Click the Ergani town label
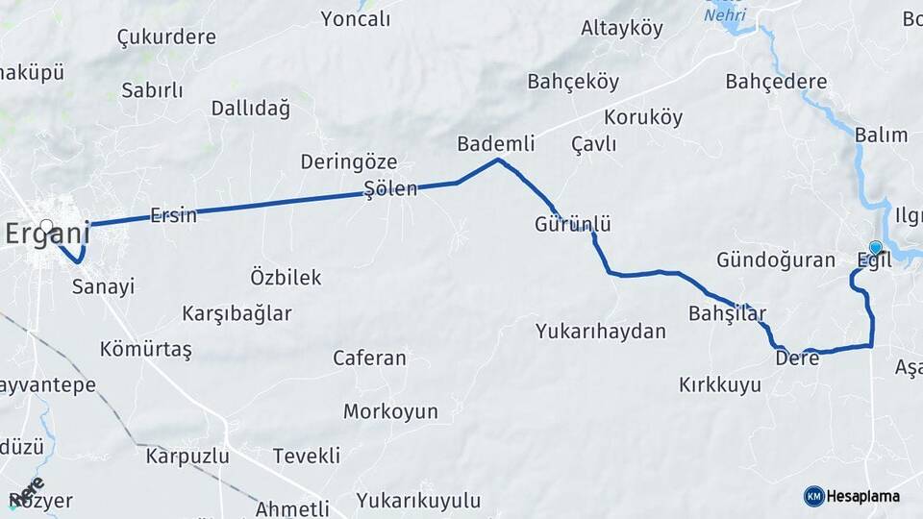pyautogui.click(x=48, y=234)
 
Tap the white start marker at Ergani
pyautogui.click(x=46, y=227)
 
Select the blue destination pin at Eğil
pyautogui.click(x=875, y=248)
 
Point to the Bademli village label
pyautogui.click(x=495, y=144)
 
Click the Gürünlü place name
pyautogui.click(x=573, y=224)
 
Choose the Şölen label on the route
pyautogui.click(x=390, y=188)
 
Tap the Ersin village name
pyautogui.click(x=173, y=215)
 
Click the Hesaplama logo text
pyautogui.click(x=862, y=497)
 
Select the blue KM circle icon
pyautogui.click(x=813, y=496)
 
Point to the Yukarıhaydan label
pyautogui.click(x=601, y=332)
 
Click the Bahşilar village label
pyautogui.click(x=727, y=313)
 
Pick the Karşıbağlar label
pyautogui.click(x=237, y=313)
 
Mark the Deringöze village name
pyautogui.click(x=349, y=161)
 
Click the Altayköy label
pyautogui.click(x=622, y=28)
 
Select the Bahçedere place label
pyautogui.click(x=776, y=82)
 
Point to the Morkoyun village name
pyautogui.click(x=390, y=411)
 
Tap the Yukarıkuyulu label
pyautogui.click(x=418, y=500)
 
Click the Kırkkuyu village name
pyautogui.click(x=720, y=385)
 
